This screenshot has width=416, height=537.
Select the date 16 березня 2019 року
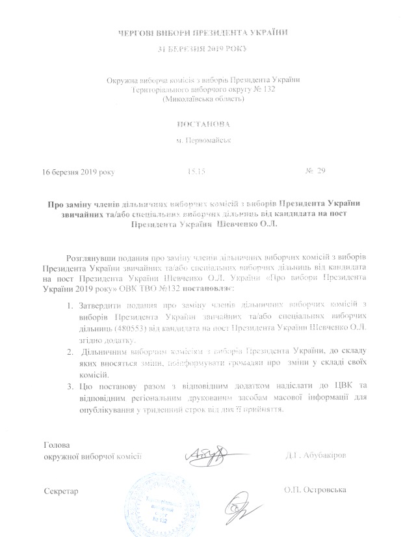pyautogui.click(x=77, y=171)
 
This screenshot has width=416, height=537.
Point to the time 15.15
pyautogui.click(x=196, y=171)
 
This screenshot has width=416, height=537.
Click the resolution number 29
pyautogui.click(x=319, y=171)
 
